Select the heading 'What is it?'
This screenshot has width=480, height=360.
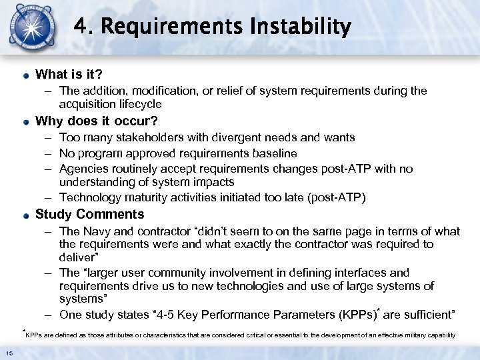tap(69, 73)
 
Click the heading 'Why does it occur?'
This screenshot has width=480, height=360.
tap(96, 121)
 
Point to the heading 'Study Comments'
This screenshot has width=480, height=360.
tap(89, 215)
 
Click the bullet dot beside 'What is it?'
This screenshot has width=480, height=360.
tap(25, 74)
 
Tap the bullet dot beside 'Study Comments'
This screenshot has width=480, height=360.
tap(25, 215)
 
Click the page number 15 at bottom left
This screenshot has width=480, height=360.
tap(9, 353)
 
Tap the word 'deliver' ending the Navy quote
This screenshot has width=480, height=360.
tap(77, 257)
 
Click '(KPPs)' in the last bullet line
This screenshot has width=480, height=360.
tap(342, 315)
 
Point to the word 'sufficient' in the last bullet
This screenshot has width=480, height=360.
tap(424, 315)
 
